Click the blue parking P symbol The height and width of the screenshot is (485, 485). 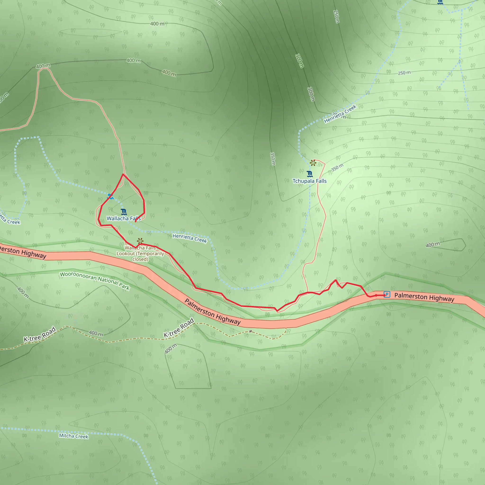(x=387, y=294)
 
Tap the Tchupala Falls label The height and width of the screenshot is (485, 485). (x=310, y=181)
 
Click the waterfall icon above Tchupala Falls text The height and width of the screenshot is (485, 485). (x=310, y=174)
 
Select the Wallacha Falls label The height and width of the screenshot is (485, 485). (x=124, y=218)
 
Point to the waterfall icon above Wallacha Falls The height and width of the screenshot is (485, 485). (x=124, y=212)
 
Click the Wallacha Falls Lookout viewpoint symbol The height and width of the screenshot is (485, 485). (x=140, y=241)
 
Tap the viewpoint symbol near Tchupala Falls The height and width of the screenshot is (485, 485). (x=313, y=163)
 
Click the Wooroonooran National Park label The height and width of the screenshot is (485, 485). (x=95, y=281)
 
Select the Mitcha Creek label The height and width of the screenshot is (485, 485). (x=74, y=436)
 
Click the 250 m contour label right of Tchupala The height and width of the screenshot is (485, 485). (x=404, y=73)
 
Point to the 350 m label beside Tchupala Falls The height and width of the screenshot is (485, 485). (x=337, y=167)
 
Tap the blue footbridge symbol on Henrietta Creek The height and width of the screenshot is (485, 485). (x=110, y=196)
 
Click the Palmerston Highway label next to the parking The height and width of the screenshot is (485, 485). (x=424, y=297)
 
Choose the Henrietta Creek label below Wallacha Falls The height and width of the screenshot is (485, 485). (x=189, y=238)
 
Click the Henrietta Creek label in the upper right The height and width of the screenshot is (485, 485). (x=340, y=114)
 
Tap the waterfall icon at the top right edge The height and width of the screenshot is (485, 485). (x=440, y=2)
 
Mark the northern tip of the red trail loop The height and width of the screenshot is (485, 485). (x=123, y=174)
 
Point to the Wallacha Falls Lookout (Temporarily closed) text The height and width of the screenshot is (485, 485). (x=140, y=254)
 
